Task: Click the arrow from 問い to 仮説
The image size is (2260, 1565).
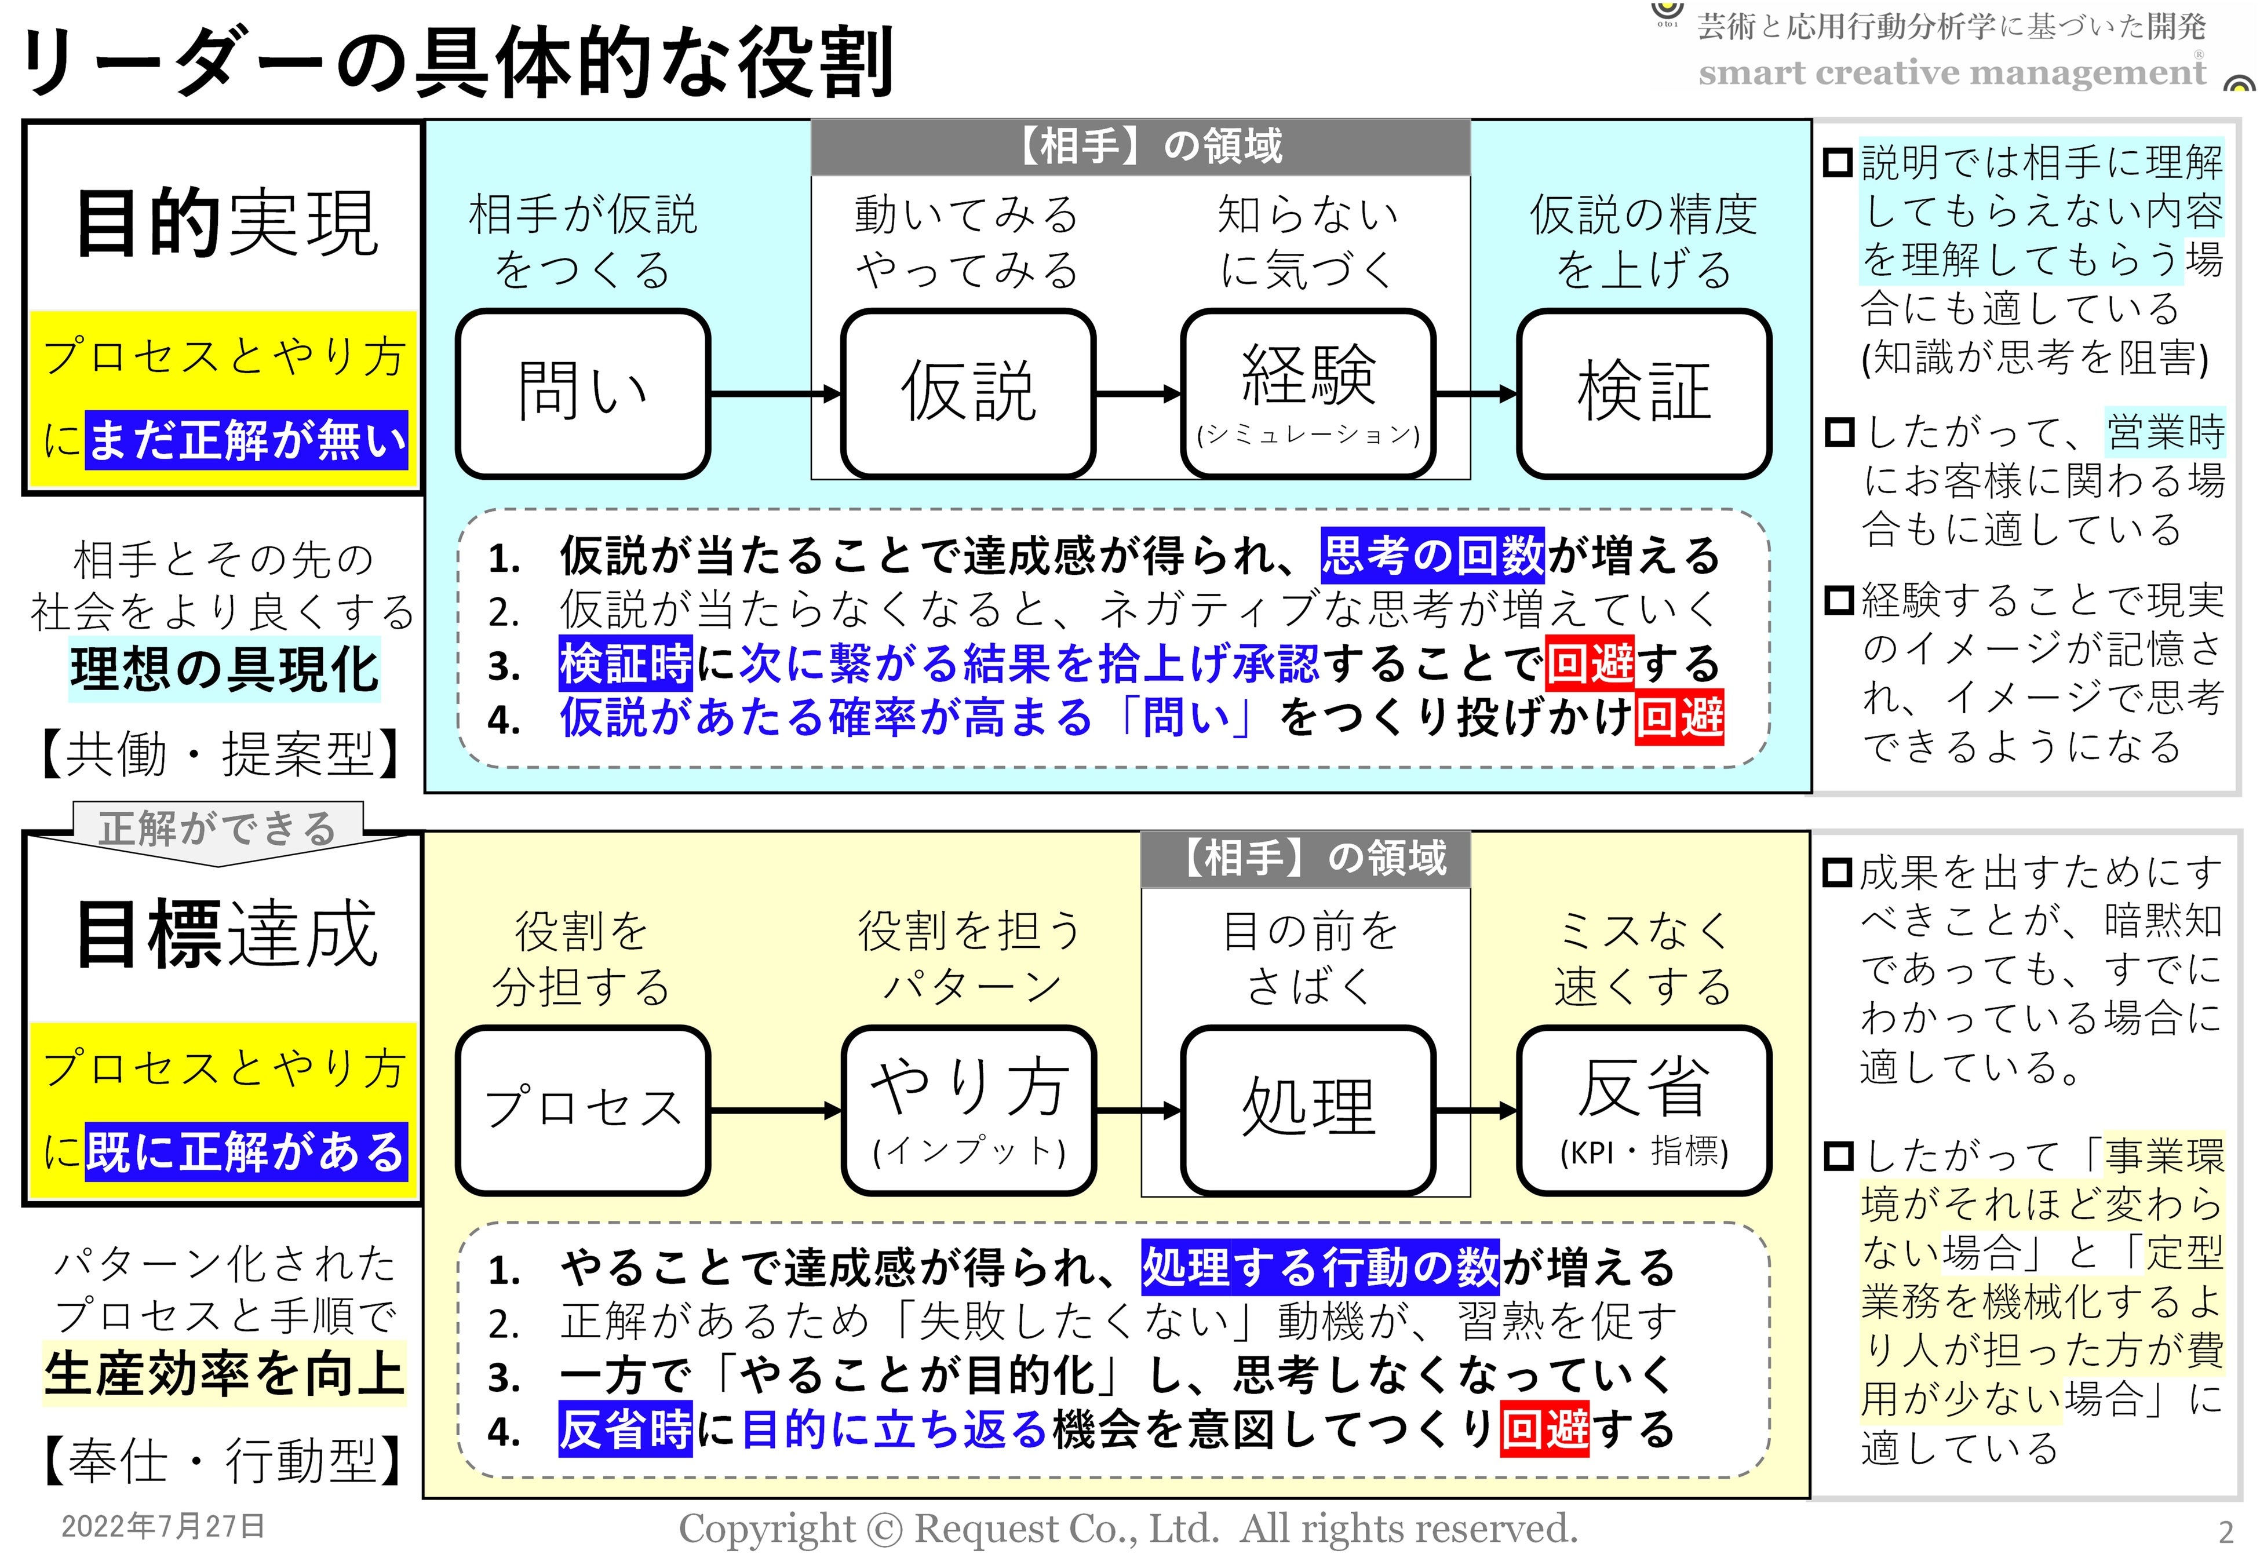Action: [775, 394]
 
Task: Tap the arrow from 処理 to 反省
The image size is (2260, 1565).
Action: [1475, 1111]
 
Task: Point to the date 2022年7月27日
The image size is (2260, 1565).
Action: [163, 1526]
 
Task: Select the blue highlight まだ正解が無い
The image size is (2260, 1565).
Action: [246, 439]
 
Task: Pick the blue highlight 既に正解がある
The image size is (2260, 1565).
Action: [246, 1151]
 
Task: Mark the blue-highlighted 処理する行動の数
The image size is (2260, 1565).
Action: [1319, 1267]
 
